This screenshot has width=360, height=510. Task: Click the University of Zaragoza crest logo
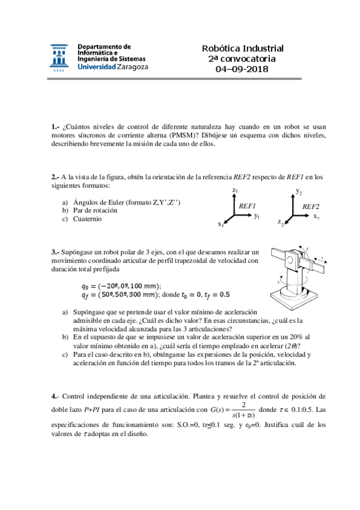pyautogui.click(x=60, y=58)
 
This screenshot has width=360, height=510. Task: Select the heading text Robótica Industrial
pyautogui.click(x=242, y=49)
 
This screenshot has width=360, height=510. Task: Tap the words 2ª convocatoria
pyautogui.click(x=242, y=59)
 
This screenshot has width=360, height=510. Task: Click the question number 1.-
pyautogui.click(x=56, y=127)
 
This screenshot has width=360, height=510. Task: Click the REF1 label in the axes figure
pyautogui.click(x=248, y=206)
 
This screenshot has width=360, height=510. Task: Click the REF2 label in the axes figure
pyautogui.click(x=310, y=206)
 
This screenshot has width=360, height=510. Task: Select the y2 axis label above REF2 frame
pyautogui.click(x=299, y=191)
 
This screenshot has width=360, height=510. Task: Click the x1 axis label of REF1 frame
pyautogui.click(x=221, y=224)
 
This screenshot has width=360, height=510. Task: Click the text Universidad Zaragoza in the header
pyautogui.click(x=113, y=67)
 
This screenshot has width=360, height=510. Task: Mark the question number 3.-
pyautogui.click(x=56, y=252)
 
